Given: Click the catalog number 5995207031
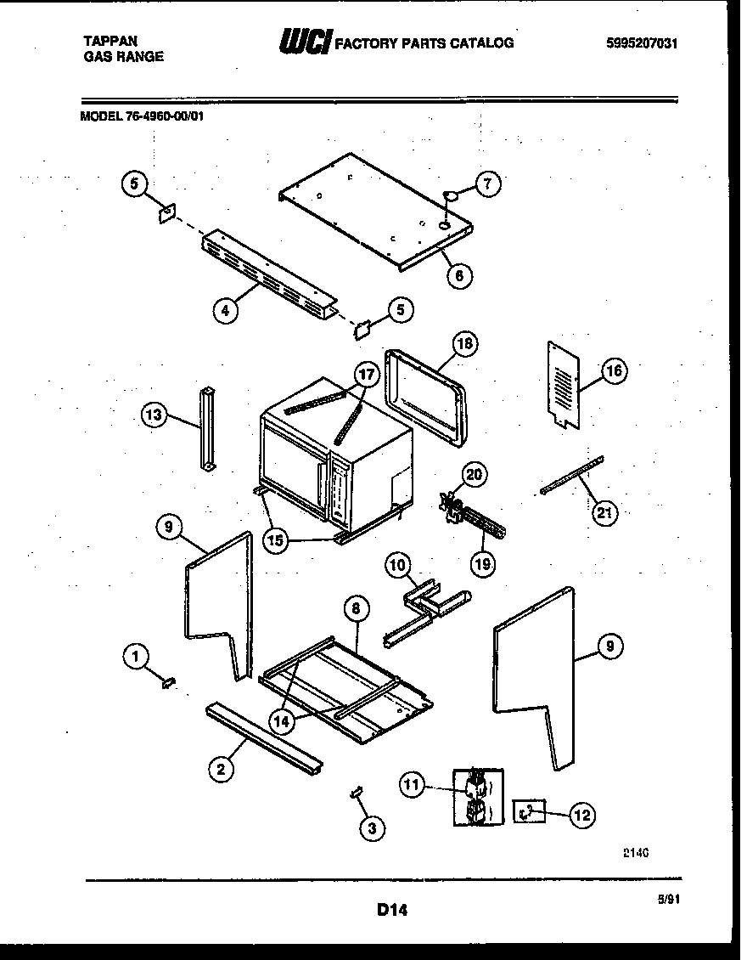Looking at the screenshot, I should click(643, 44).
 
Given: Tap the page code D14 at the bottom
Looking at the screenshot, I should click(392, 910).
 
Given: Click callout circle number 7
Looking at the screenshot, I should click(487, 184).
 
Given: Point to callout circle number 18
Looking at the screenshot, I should click(464, 343).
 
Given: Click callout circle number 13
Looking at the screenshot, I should click(154, 415).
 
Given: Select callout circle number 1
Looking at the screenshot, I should click(136, 655).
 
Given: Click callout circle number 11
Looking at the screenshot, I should click(413, 787).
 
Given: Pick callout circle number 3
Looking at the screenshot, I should click(370, 827).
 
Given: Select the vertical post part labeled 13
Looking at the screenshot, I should click(207, 428).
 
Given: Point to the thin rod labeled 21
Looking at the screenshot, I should click(571, 474).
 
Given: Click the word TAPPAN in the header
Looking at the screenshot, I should click(110, 40).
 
